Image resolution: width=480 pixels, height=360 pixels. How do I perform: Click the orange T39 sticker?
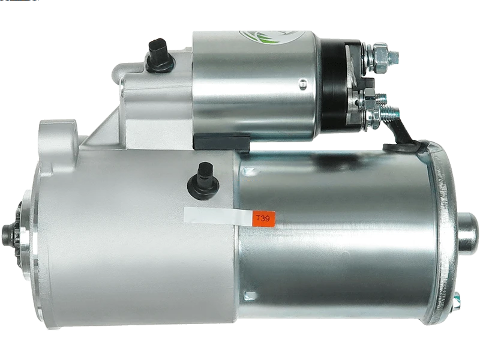pyautogui.click(x=264, y=219)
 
